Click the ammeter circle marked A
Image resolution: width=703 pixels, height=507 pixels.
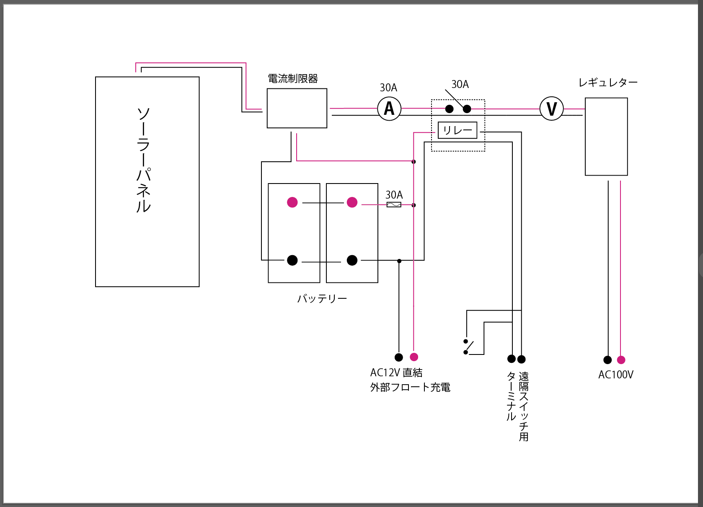pos(389,109)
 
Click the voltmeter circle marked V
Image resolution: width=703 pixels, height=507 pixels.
pos(551,109)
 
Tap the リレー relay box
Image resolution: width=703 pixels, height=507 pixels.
pos(457,130)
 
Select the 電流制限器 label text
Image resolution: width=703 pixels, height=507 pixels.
pos(293,78)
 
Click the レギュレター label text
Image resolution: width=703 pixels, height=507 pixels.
pos(607,83)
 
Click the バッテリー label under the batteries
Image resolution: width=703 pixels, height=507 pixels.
pos(322,299)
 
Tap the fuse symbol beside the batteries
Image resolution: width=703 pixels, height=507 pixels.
pos(393,205)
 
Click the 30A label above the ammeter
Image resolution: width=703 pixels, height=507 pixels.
pos(388,88)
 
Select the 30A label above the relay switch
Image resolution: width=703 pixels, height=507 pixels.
pos(460,84)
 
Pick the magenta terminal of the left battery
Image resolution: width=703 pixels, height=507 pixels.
pos(292,202)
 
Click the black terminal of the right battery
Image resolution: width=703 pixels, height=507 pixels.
pos(352,260)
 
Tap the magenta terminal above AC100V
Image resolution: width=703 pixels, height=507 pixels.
pos(621,360)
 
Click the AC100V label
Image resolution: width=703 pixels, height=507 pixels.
pos(615,375)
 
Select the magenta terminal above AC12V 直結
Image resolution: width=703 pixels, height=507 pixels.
pos(414,357)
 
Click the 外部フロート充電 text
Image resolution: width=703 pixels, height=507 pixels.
pos(410,387)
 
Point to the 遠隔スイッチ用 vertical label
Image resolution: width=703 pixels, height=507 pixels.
pos(524,406)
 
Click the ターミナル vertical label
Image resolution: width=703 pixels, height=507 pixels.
pos(511,396)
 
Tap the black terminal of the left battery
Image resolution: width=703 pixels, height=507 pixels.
pos(292,260)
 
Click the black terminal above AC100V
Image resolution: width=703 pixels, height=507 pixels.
pos(607,360)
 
